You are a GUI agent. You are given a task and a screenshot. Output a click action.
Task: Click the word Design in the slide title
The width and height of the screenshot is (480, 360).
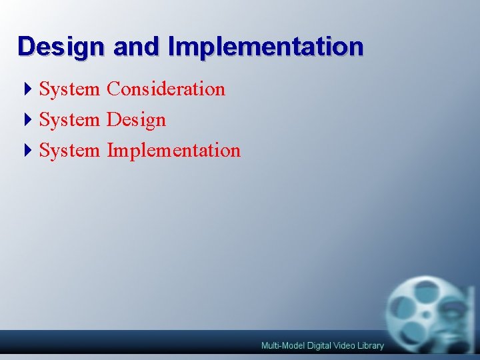(61, 47)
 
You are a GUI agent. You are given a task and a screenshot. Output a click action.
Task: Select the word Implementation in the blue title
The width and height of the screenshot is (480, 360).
(266, 47)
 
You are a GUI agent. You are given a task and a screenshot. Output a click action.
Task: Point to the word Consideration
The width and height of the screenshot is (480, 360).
(166, 89)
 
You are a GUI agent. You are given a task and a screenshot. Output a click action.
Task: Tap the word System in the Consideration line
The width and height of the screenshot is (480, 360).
(69, 89)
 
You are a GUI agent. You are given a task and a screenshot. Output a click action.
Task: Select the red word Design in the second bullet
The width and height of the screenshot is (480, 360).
(136, 120)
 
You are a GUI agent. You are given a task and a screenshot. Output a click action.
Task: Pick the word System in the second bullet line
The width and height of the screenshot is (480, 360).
(69, 119)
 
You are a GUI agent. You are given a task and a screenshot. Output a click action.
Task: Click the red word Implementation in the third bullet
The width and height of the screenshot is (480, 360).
(173, 151)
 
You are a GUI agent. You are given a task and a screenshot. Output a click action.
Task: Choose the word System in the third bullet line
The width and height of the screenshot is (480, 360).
(69, 150)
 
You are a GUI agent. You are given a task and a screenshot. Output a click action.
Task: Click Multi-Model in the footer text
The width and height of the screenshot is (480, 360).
(282, 345)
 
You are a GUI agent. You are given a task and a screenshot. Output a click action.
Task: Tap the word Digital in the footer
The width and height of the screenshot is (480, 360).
(319, 345)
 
